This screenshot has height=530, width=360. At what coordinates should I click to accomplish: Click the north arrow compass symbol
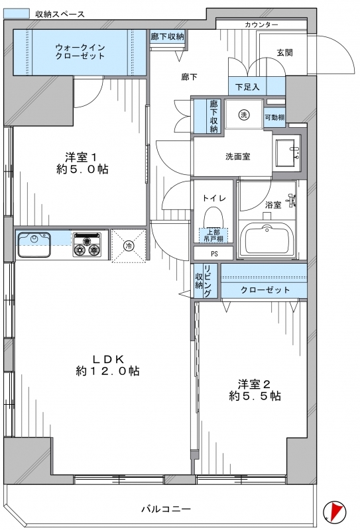point(335,509)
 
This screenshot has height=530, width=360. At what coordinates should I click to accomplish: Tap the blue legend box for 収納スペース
point(16,13)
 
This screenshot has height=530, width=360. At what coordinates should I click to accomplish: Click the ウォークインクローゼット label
point(80,52)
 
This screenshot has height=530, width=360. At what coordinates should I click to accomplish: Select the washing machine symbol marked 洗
point(243,115)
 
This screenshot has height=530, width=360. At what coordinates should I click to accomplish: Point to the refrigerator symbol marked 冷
point(129,246)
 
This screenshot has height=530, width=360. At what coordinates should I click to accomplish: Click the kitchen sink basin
point(34,244)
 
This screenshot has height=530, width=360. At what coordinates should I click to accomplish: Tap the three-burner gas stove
point(88,244)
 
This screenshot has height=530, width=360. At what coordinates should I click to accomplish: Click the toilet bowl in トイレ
point(213,217)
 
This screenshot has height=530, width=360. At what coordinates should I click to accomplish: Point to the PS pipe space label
point(214,254)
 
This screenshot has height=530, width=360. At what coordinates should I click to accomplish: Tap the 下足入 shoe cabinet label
point(247,87)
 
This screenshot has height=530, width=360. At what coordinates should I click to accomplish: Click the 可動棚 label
point(274,118)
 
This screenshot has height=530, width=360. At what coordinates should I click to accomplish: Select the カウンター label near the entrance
point(261,25)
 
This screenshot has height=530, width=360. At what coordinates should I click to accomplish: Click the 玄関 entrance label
point(284,53)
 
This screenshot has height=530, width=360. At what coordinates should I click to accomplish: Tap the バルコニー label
point(166,508)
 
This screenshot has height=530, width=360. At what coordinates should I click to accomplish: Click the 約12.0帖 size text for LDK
point(107,371)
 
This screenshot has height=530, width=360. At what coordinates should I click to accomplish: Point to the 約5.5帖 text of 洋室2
point(255,396)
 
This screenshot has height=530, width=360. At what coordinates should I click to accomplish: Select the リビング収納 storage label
point(203,281)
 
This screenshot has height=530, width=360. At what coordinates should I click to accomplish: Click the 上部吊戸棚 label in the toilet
point(213,235)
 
